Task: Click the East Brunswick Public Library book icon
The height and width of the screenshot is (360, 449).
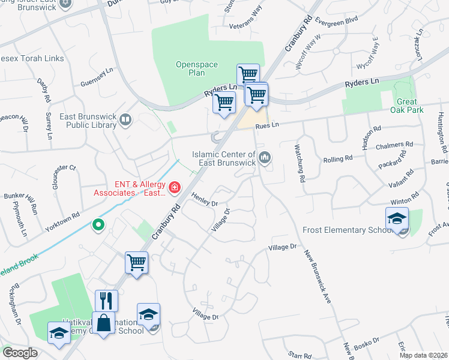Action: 125,120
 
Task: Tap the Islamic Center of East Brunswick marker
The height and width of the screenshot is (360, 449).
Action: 265,158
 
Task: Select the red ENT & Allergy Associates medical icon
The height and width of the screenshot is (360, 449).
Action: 175,188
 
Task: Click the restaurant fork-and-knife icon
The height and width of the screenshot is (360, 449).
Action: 106,300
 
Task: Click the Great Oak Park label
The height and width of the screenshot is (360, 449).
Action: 410,106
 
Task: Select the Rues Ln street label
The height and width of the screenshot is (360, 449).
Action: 268,125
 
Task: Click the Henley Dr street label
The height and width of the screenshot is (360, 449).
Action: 205,199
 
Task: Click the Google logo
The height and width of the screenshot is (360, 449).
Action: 20,353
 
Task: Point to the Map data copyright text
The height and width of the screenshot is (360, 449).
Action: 423,355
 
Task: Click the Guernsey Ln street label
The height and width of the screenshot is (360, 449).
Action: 96,79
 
